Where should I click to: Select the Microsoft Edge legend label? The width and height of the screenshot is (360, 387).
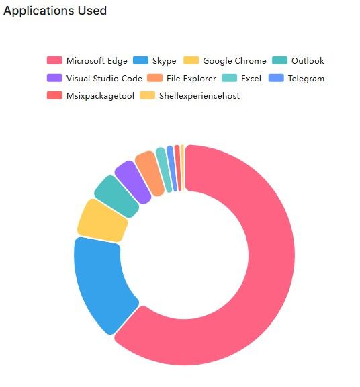click(x=97, y=61)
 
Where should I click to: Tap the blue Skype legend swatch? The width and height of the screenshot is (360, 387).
click(x=141, y=61)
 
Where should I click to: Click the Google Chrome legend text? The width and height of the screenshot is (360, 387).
click(x=234, y=61)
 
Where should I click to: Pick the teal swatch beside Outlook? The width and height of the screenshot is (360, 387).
click(x=280, y=61)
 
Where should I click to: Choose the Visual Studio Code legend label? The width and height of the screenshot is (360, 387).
click(x=104, y=79)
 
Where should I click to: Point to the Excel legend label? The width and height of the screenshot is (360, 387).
click(x=251, y=79)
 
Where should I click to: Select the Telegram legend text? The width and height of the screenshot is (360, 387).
click(x=306, y=79)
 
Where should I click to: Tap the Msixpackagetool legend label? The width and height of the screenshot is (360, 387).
click(x=100, y=96)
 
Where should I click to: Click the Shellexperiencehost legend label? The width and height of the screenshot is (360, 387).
click(x=199, y=96)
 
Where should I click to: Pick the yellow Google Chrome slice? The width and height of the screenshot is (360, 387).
click(x=101, y=220)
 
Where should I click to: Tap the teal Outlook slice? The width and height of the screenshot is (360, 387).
click(x=116, y=196)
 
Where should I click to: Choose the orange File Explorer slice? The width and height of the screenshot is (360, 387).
click(x=150, y=171)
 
